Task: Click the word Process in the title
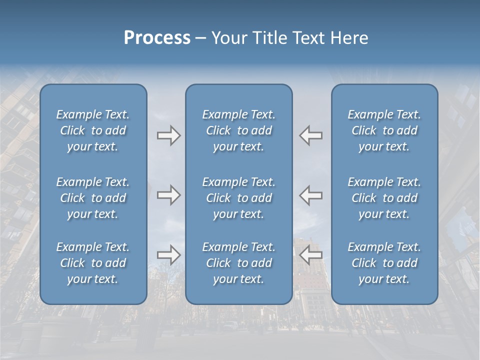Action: click(157, 38)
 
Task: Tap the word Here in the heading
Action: click(349, 38)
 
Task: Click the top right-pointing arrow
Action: click(168, 135)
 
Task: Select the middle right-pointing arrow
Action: click(168, 194)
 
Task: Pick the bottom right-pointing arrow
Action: click(168, 255)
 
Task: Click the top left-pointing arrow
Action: click(311, 135)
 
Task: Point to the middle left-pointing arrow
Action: click(311, 194)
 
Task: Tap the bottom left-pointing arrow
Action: click(311, 255)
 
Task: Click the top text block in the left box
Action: click(93, 130)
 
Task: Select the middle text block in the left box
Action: click(93, 198)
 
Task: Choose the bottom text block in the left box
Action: click(93, 263)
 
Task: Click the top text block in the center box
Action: click(238, 130)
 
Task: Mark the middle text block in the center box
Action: click(238, 198)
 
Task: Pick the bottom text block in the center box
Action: click(238, 263)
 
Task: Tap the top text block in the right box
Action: click(384, 130)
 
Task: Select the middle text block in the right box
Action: click(384, 198)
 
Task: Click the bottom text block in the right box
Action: click(384, 263)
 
